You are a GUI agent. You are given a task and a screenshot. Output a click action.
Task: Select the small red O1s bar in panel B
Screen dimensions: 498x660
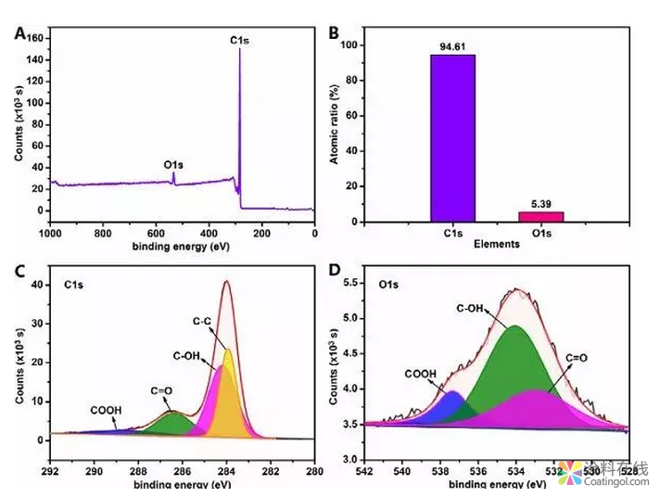tap(540, 217)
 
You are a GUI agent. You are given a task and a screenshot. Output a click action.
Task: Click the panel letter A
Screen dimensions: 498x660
tap(19, 33)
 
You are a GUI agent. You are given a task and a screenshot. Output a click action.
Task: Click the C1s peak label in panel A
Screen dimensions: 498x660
tap(241, 41)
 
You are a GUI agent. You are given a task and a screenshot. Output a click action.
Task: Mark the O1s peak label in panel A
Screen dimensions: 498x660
tap(173, 165)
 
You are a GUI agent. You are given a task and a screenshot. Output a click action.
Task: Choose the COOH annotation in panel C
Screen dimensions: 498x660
tap(105, 409)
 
